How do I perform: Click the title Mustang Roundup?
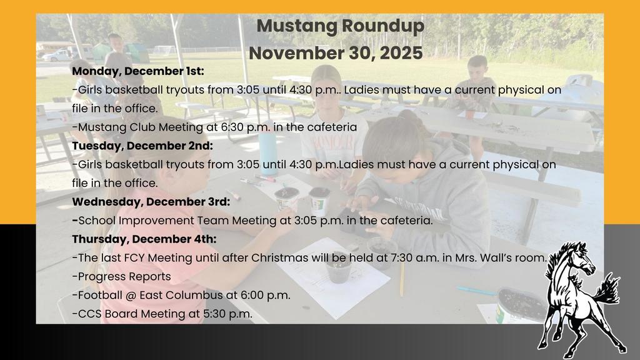340,26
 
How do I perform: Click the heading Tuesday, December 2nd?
142,146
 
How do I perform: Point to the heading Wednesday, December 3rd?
151,201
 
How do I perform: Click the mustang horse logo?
579,296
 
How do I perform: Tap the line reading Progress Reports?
123,276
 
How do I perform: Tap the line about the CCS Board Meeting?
162,314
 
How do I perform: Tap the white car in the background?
58,55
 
